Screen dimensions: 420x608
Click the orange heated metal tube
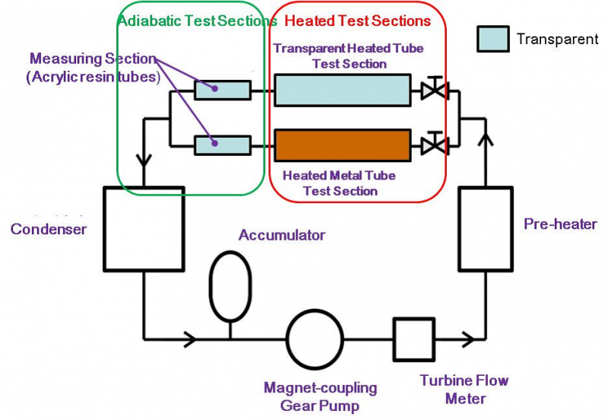coord(342,142)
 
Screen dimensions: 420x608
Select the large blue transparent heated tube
coord(342,90)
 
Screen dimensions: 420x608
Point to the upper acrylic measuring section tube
coord(222,90)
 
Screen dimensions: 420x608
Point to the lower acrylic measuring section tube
coord(222,142)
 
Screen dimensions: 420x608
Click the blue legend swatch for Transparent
coord(492,39)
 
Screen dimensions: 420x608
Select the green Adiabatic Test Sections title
coord(197,21)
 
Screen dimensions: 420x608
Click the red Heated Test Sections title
coord(358,21)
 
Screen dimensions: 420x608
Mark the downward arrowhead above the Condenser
coord(142,161)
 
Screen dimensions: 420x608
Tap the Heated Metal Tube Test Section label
coord(340,183)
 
